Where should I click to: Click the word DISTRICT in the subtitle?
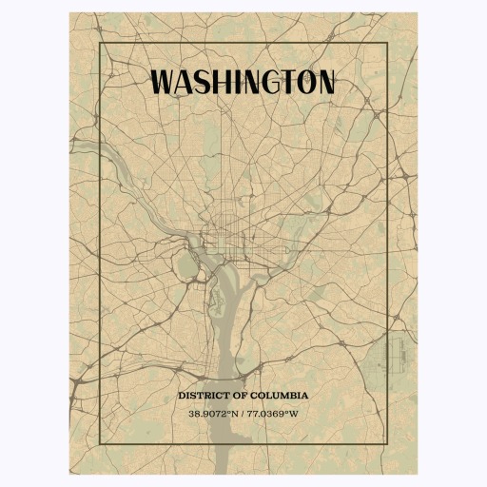point(203,395)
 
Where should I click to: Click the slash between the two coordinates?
point(243,413)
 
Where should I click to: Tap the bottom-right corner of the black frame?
point(387,443)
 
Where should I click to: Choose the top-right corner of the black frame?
point(387,44)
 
